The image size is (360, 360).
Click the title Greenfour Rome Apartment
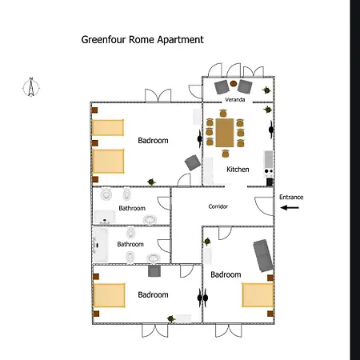click(142, 40)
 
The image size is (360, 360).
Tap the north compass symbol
click(31, 87)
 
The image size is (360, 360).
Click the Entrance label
click(291, 197)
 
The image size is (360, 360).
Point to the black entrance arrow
click(290, 207)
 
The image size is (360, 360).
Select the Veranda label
click(235, 99)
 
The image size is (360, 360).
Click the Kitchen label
click(238, 170)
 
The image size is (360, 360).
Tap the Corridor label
click(218, 206)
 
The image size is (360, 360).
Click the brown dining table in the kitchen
click(225, 133)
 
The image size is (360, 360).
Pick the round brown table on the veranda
click(234, 83)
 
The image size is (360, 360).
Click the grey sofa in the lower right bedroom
click(263, 255)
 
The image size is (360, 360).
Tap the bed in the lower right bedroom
click(258, 295)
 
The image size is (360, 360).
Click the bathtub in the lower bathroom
click(100, 245)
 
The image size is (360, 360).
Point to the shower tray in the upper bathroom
click(105, 217)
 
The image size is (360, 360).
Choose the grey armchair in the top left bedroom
click(193, 162)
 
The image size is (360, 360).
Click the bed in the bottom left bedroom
click(109, 295)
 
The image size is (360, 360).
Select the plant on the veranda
click(266, 90)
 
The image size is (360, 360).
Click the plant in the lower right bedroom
click(207, 242)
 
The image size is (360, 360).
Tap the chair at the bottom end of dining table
click(226, 154)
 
